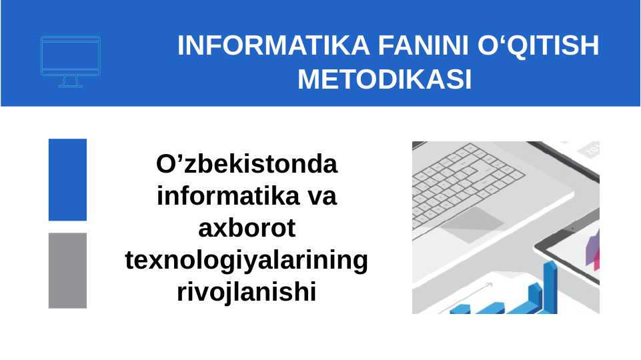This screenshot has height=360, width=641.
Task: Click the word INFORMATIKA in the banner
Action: coord(273,45)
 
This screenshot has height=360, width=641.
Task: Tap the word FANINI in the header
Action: coord(424,45)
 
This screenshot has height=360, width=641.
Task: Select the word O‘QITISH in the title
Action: coord(538,45)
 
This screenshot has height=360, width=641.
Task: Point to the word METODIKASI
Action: coord(385,79)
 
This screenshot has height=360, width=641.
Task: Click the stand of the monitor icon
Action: coord(71,82)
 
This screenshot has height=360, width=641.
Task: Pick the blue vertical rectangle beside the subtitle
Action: coord(67,180)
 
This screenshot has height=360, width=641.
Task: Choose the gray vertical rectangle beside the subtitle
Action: coord(67,271)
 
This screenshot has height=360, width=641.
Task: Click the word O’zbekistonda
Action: coord(247,164)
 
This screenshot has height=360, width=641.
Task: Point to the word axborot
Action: coord(247,228)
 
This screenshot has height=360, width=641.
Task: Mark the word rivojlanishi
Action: coord(247,293)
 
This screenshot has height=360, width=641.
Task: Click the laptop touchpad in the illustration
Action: coord(472,225)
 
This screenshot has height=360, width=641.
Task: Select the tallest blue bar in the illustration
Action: coord(550,287)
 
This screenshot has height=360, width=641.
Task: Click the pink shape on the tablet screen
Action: coord(597,261)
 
